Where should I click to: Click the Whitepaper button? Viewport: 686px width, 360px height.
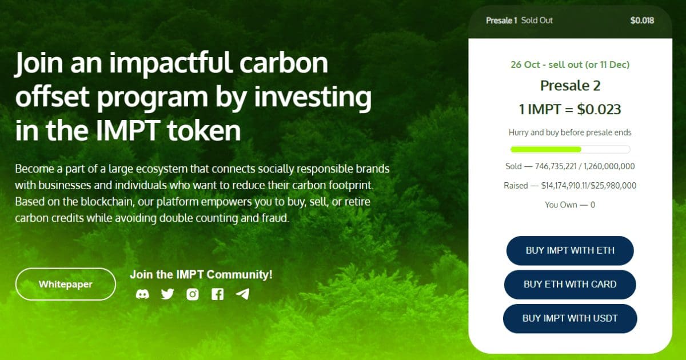66,284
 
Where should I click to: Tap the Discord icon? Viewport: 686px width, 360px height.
142,294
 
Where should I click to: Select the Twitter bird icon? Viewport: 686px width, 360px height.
167,294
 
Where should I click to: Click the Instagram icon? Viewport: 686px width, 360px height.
193,294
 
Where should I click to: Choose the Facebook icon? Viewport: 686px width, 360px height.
217,294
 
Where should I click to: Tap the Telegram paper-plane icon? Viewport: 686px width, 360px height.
242,294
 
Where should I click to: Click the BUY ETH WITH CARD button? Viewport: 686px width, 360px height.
570,285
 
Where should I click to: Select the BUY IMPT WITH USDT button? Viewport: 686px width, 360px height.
570,318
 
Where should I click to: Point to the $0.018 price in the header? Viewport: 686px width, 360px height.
642,21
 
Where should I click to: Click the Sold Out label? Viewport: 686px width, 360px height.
537,21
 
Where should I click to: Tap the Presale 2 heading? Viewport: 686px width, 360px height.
571,85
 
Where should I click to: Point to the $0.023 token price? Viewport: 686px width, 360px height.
599,109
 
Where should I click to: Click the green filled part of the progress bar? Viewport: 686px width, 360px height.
546,149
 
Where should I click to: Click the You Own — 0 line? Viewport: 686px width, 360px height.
570,205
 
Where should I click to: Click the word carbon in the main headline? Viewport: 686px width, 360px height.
284,62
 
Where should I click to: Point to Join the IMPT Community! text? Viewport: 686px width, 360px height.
201,274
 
